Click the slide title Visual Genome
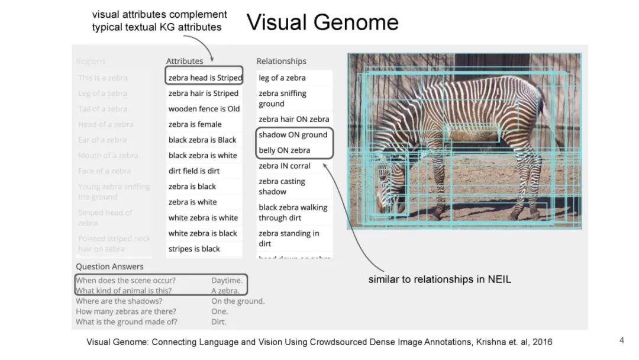click(x=322, y=22)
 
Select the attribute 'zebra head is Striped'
click(x=205, y=78)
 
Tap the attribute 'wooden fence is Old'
click(x=204, y=109)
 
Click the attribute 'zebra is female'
click(x=195, y=124)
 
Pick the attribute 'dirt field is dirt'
click(x=193, y=171)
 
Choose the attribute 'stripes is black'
click(x=194, y=249)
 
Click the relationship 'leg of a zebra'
click(x=282, y=78)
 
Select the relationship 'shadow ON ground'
click(x=293, y=135)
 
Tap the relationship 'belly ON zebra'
click(x=284, y=150)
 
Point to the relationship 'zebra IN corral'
click(x=285, y=166)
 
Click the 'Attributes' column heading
click(x=185, y=61)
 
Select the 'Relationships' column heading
click(x=281, y=61)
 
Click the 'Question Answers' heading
click(x=109, y=266)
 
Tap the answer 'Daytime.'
click(x=227, y=281)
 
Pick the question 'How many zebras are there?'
click(x=126, y=311)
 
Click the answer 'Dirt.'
click(x=219, y=322)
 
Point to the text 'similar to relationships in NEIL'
click(x=440, y=279)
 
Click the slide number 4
click(x=621, y=340)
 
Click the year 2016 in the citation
click(x=542, y=342)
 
